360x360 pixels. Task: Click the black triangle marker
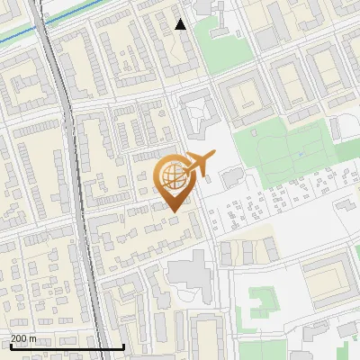pos(181,24)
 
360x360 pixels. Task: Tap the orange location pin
pos(173,181)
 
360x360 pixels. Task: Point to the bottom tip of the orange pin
pos(173,211)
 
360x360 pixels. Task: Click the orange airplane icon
pos(200,164)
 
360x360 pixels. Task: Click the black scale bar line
pos(67,347)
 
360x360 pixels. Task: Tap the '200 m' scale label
pos(23,338)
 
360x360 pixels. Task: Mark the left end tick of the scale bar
pos(11,346)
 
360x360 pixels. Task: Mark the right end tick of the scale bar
pos(124,346)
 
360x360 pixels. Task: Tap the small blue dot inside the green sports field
pos(299,154)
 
